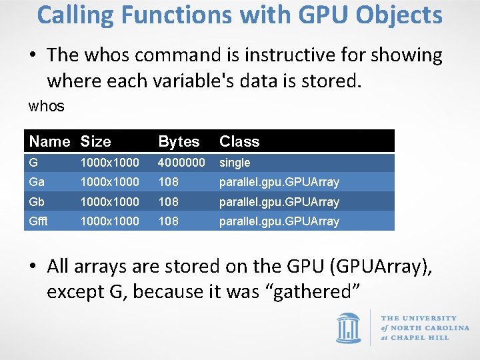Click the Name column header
[x=49, y=141]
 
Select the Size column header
[x=96, y=141]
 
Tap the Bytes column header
[x=179, y=141]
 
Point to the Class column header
[x=239, y=141]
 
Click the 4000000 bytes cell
[x=181, y=163]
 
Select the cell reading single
[x=235, y=163]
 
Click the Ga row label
[x=37, y=182]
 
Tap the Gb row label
[x=37, y=201]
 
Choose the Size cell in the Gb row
[x=110, y=201]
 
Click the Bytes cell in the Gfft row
[x=168, y=221]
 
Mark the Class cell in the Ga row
[x=279, y=182]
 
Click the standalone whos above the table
[x=46, y=106]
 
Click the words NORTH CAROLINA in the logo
[x=429, y=328]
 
